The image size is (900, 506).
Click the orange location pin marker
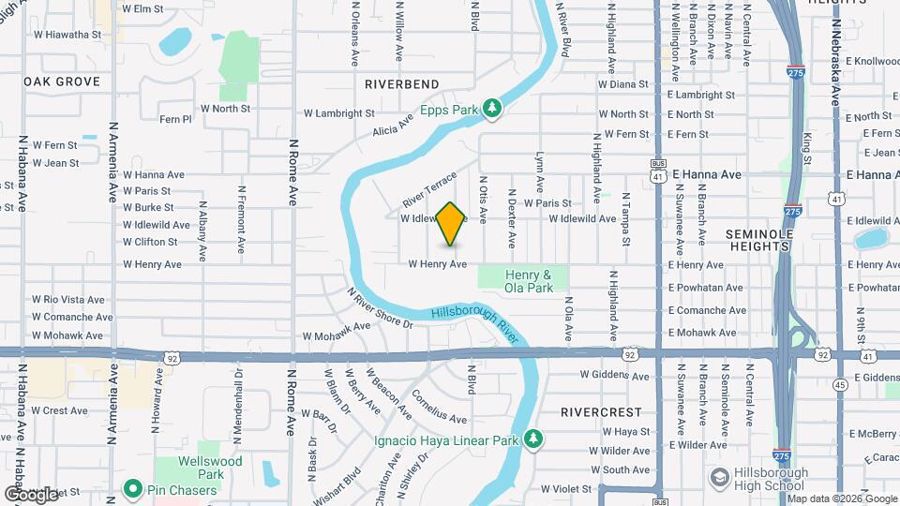[451, 223]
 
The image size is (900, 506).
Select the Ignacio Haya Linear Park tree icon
[533, 439]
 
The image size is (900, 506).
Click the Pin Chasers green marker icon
[132, 489]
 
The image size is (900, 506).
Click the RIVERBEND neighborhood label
[402, 83]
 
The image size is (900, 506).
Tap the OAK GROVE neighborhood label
[62, 82]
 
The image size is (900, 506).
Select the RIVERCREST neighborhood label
[601, 411]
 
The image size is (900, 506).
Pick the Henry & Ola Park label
[528, 280]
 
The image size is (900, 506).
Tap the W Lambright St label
[338, 112]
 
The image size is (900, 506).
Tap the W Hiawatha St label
[67, 35]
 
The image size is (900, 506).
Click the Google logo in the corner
[31, 494]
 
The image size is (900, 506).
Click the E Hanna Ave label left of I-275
[704, 174]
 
